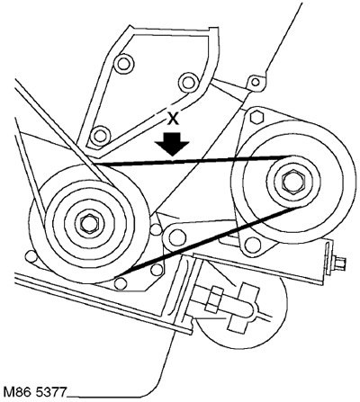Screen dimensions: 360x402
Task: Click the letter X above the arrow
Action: point(172,120)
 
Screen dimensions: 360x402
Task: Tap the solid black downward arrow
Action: point(172,144)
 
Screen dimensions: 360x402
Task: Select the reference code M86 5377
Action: point(34,392)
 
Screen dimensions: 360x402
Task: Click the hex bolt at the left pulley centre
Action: point(86,222)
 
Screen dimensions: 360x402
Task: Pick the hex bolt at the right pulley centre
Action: point(293,182)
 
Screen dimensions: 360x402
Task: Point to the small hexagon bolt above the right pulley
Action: point(256,117)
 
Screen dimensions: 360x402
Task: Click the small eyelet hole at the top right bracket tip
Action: point(255,82)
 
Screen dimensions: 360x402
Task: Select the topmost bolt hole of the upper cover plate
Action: point(123,63)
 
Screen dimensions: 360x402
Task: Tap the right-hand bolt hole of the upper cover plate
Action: point(188,82)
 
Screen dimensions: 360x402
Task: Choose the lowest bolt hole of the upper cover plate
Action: point(99,136)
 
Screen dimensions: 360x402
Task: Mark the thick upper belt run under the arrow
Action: point(192,160)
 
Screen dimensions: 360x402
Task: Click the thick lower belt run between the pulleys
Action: point(209,240)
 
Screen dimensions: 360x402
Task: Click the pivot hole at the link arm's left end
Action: point(175,237)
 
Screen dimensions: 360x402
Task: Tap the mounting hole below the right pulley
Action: point(253,245)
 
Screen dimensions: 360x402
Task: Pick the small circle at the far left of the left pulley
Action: point(31,256)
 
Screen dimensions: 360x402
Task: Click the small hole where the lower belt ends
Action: point(121,283)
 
